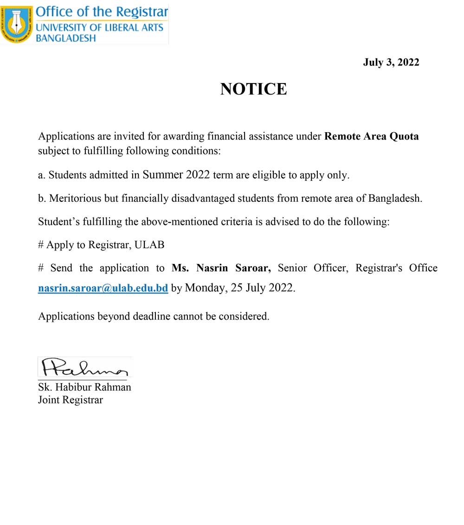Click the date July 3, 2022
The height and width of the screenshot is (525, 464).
pos(391,62)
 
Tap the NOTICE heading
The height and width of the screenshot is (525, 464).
pos(253,89)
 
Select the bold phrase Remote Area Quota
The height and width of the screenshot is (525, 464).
pos(371,136)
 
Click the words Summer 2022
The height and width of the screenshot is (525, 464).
pos(176,175)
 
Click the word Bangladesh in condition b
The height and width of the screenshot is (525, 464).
pos(395,198)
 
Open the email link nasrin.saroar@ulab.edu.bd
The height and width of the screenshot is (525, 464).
pos(103,288)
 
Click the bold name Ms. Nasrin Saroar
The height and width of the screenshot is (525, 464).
pos(221,268)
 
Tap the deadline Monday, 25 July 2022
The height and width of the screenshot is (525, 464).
pos(239,288)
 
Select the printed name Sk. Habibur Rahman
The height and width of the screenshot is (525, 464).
pos(84,387)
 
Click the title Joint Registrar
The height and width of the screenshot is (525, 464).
pos(71,400)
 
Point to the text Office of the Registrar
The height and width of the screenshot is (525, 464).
pos(102,12)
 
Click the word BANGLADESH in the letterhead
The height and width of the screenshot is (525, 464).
pos(65,38)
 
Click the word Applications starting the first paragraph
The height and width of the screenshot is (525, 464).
pos(66,136)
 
